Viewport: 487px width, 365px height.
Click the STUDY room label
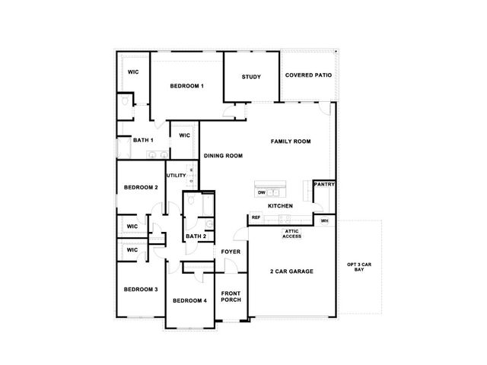click(x=251, y=77)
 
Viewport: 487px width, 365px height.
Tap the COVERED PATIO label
click(x=308, y=75)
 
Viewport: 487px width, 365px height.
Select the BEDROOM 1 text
click(x=187, y=86)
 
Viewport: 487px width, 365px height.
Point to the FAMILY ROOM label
click(x=291, y=141)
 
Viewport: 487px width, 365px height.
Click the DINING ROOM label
click(x=223, y=156)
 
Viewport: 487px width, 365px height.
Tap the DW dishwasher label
click(x=262, y=192)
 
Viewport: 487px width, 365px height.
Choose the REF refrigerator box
click(x=256, y=217)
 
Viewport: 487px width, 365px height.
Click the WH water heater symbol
click(x=325, y=221)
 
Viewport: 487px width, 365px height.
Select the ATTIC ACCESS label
click(x=292, y=233)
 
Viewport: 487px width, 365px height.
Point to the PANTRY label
click(x=325, y=184)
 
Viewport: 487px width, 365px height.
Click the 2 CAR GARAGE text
click(x=291, y=271)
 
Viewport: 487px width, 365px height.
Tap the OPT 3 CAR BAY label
click(x=359, y=267)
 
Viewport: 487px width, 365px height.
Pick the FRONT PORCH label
click(x=231, y=297)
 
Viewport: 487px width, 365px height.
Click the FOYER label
click(x=231, y=252)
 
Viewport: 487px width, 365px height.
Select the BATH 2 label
click(x=196, y=236)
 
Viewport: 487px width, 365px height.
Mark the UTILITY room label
click(x=177, y=176)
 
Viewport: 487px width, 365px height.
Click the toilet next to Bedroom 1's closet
click(x=125, y=101)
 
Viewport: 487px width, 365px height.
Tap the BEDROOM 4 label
click(x=189, y=301)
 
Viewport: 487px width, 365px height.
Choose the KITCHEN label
click(x=281, y=206)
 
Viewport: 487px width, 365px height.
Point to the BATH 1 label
click(x=143, y=140)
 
